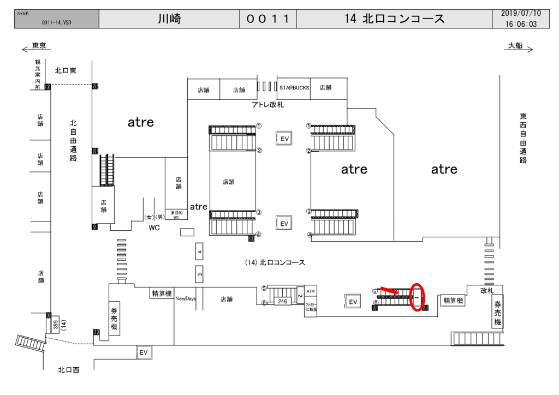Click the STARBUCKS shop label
tap(294, 87)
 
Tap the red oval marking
tap(418, 297)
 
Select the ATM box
tap(311, 291)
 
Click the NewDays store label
tap(185, 299)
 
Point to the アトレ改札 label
tap(267, 104)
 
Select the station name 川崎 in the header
tap(169, 19)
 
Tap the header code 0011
tap(267, 19)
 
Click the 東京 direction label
tap(39, 46)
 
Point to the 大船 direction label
tap(515, 46)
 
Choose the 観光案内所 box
tap(38, 75)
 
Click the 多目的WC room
tap(176, 214)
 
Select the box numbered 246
tap(282, 301)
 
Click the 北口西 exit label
tap(69, 370)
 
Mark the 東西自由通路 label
tap(523, 139)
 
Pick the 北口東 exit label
tap(68, 70)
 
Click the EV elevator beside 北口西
tap(144, 352)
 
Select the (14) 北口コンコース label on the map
tap(275, 263)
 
